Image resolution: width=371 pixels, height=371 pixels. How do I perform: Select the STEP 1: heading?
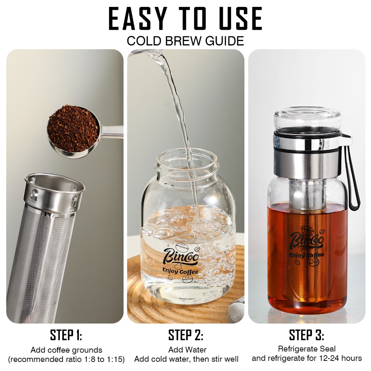(x=66, y=335)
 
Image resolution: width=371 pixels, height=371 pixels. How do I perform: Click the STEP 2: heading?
(x=186, y=335)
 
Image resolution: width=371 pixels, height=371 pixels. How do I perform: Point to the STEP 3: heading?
(x=307, y=335)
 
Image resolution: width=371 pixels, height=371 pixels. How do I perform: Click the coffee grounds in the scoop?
(x=72, y=129)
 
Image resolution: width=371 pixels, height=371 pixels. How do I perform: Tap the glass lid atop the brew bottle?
(x=308, y=120)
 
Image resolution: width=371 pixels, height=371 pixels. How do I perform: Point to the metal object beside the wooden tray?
(x=236, y=314)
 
